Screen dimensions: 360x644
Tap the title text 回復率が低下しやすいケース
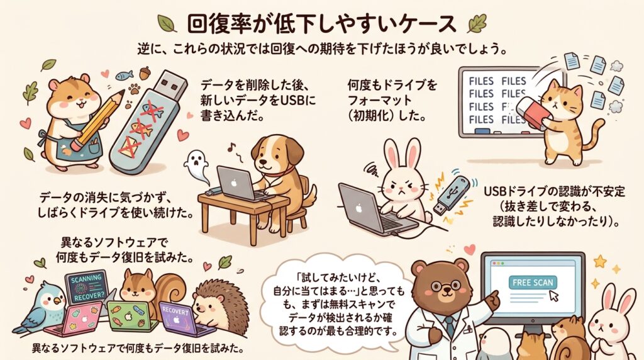(x=321, y=24)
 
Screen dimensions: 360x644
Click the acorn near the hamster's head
(x=146, y=73)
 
